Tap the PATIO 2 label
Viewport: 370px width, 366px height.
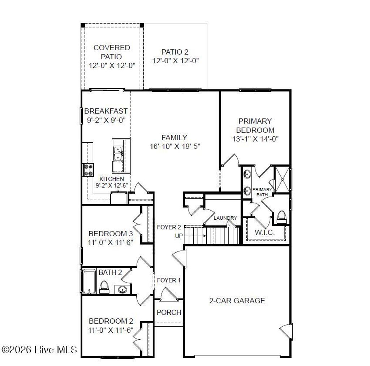pyautogui.click(x=175, y=52)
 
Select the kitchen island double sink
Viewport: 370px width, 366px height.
pyautogui.click(x=118, y=153)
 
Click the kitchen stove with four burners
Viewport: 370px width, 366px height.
pyautogui.click(x=89, y=169)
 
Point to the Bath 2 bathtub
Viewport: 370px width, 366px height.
pyautogui.click(x=89, y=281)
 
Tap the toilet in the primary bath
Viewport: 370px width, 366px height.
pyautogui.click(x=281, y=216)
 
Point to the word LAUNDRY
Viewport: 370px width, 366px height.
pyautogui.click(x=225, y=218)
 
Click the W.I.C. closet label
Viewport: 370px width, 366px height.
pyautogui.click(x=264, y=233)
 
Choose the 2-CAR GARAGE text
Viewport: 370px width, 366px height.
pyautogui.click(x=237, y=301)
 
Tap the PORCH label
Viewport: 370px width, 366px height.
pyautogui.click(x=169, y=313)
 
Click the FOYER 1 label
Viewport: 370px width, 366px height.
pyautogui.click(x=168, y=280)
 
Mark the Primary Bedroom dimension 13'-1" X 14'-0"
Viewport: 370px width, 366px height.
pyautogui.click(x=255, y=139)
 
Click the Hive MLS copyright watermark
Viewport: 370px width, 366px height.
pyautogui.click(x=40, y=350)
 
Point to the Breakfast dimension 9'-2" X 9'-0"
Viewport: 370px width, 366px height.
pyautogui.click(x=106, y=120)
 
